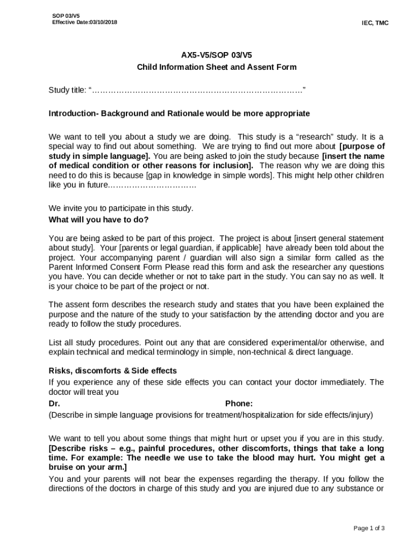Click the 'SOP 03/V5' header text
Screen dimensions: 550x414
pos(63,16)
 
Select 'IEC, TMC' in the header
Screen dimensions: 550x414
pos(375,23)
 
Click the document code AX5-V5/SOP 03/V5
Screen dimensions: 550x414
pos(217,55)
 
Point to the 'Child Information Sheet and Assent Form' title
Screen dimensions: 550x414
pos(217,67)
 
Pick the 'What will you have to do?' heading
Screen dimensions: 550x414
pos(98,219)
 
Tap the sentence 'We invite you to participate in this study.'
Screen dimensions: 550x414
pos(121,208)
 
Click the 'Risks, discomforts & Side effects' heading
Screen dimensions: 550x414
pos(112,371)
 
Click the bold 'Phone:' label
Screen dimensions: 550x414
pos(239,403)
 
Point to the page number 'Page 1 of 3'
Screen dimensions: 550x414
pos(369,528)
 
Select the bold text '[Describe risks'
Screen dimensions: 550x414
pos(78,448)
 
